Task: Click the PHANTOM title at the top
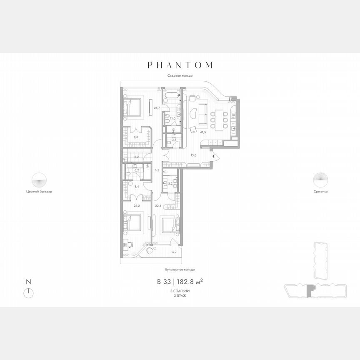click(180, 65)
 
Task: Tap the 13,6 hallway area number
click(193, 155)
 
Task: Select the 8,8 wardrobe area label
click(136, 136)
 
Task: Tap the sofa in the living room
click(203, 113)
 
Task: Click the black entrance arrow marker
click(214, 156)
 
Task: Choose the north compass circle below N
click(29, 292)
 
